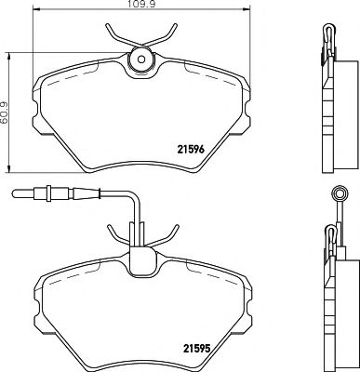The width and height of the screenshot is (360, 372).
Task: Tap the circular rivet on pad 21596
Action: pyautogui.click(x=140, y=60)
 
